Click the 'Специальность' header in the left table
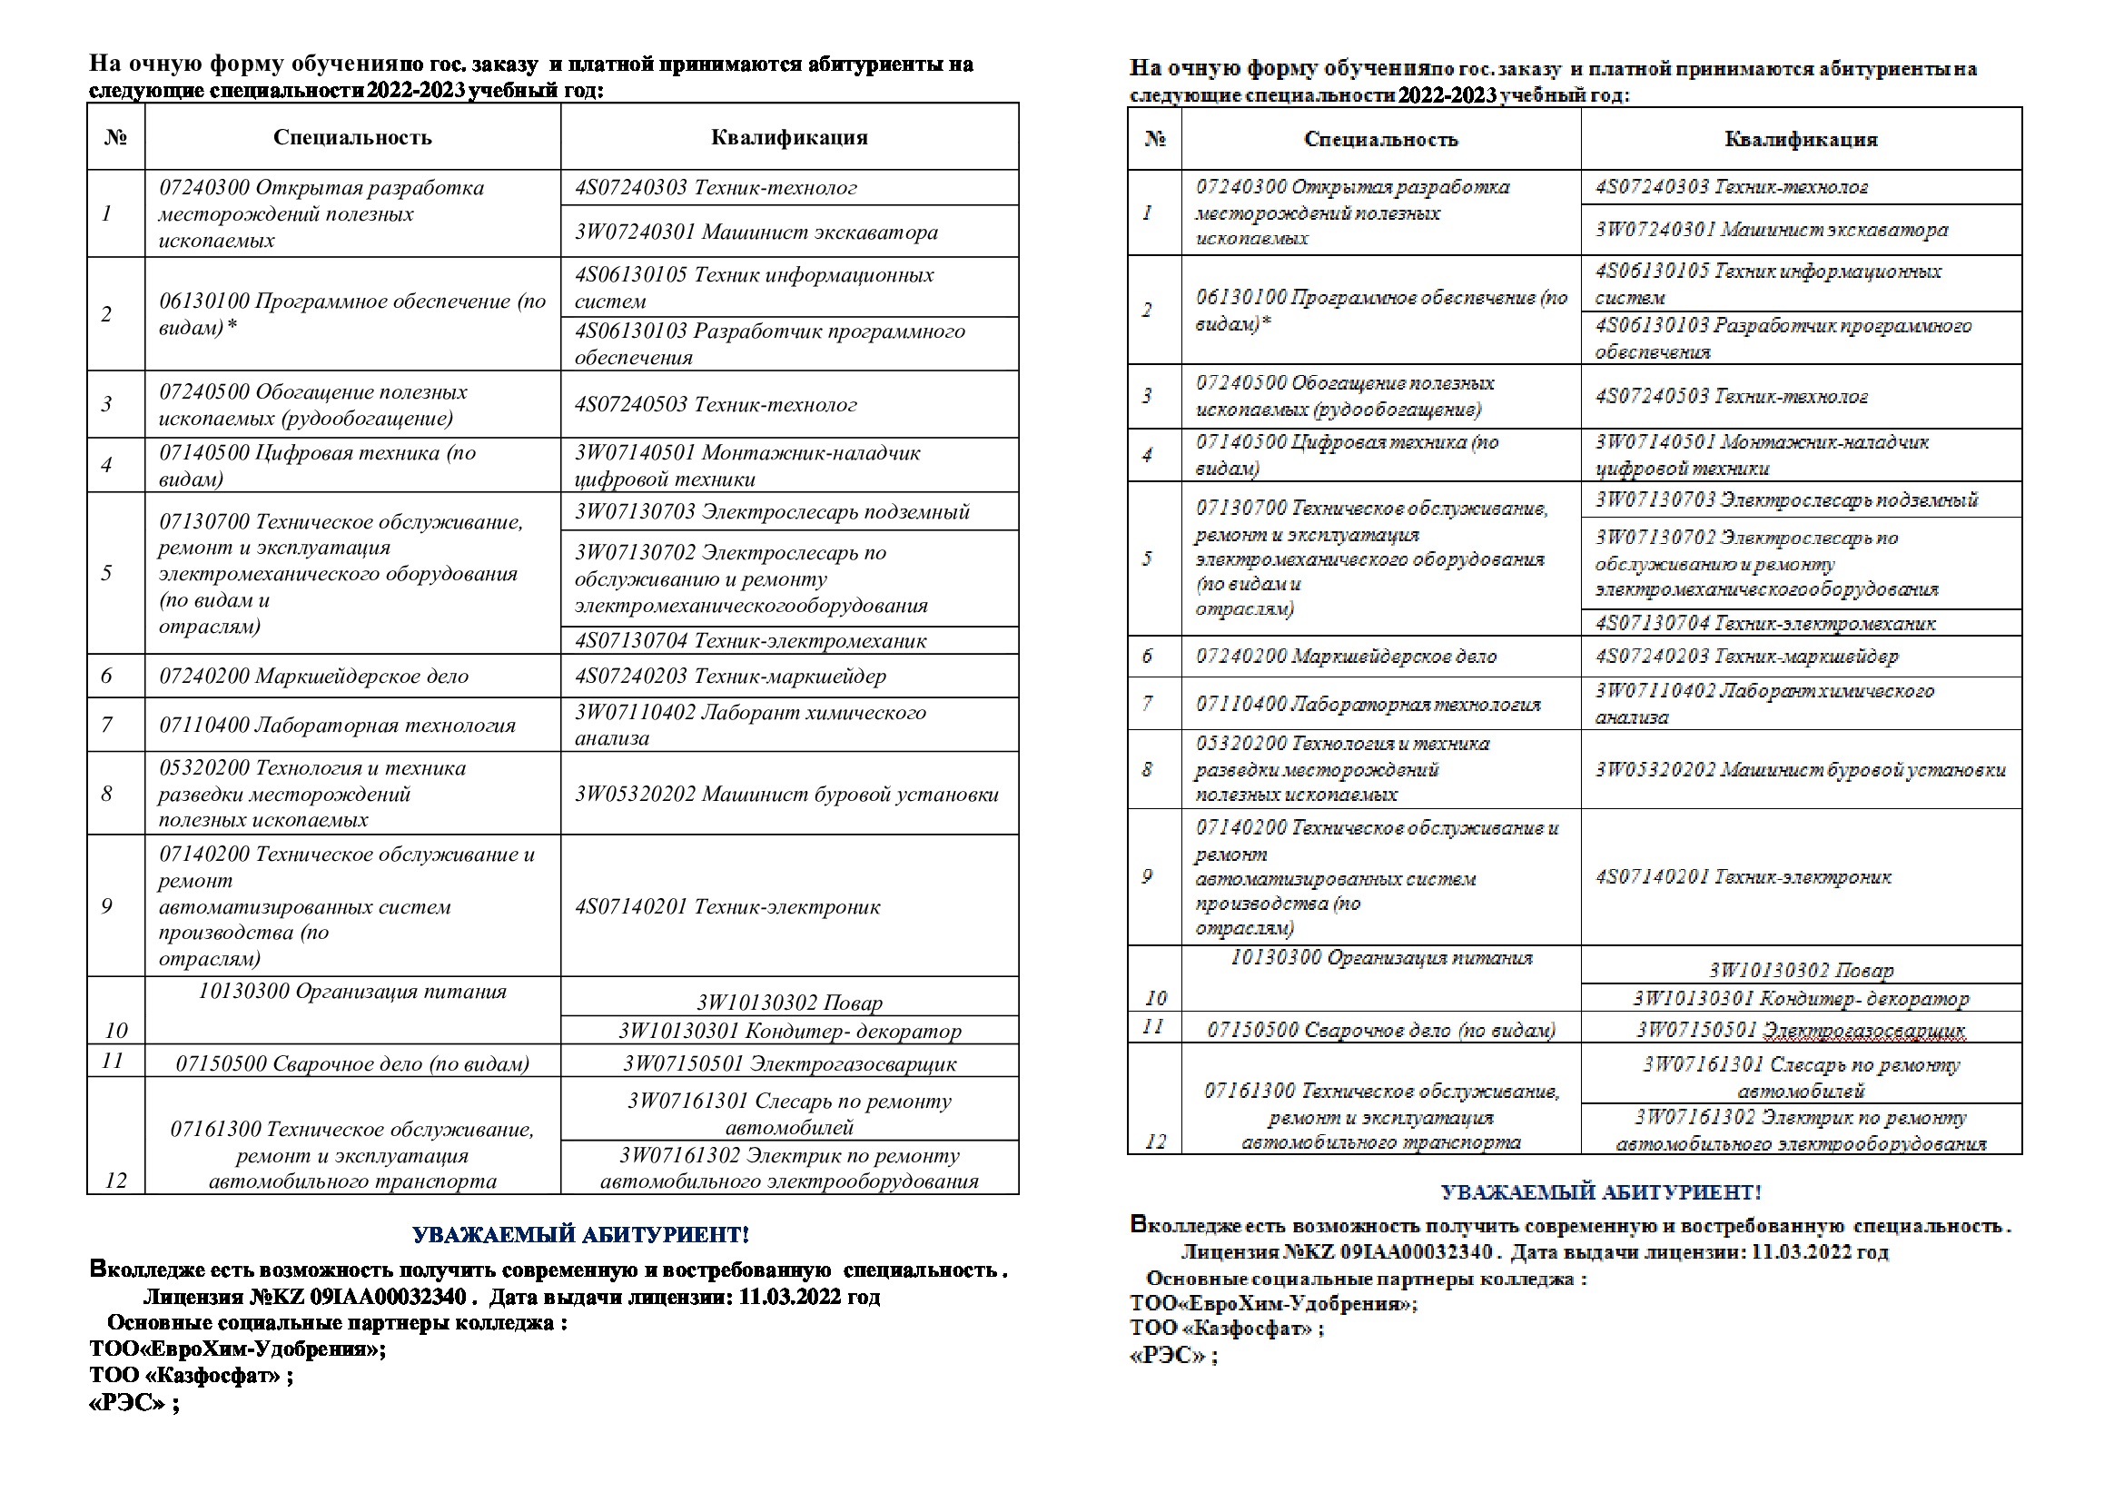(x=352, y=137)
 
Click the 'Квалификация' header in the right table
(x=1800, y=139)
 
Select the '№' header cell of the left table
(x=115, y=137)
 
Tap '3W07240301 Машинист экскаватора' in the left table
(x=756, y=232)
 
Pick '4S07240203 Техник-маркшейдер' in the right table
(x=1746, y=656)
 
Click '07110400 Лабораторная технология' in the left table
(x=338, y=725)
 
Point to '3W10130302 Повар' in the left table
(x=789, y=1003)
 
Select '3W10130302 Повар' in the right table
(x=1800, y=970)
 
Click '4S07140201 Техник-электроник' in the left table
(x=727, y=906)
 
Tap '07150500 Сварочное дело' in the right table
(x=1380, y=1030)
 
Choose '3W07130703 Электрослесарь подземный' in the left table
(x=772, y=511)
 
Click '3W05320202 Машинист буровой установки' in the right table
(x=1800, y=769)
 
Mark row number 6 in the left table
(x=106, y=677)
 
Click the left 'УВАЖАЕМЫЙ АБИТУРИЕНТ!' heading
(x=581, y=1235)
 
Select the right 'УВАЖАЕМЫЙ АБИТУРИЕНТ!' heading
(x=1600, y=1192)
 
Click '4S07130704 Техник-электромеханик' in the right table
(x=1765, y=623)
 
